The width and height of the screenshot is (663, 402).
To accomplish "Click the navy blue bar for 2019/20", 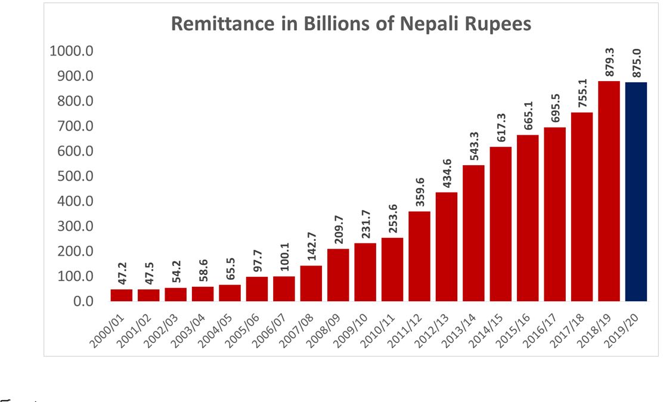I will pos(636,191).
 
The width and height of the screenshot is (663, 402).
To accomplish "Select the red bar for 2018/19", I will pos(609,191).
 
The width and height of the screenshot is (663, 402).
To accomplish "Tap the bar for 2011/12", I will pos(419,256).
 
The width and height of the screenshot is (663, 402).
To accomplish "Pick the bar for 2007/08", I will pos(311,283).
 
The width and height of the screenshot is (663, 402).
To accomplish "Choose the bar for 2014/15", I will pos(500,224).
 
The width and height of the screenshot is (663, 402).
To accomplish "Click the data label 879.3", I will pos(609,61).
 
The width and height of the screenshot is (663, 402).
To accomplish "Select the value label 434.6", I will pos(446,173).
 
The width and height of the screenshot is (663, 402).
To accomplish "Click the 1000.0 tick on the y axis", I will pos(71,51).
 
